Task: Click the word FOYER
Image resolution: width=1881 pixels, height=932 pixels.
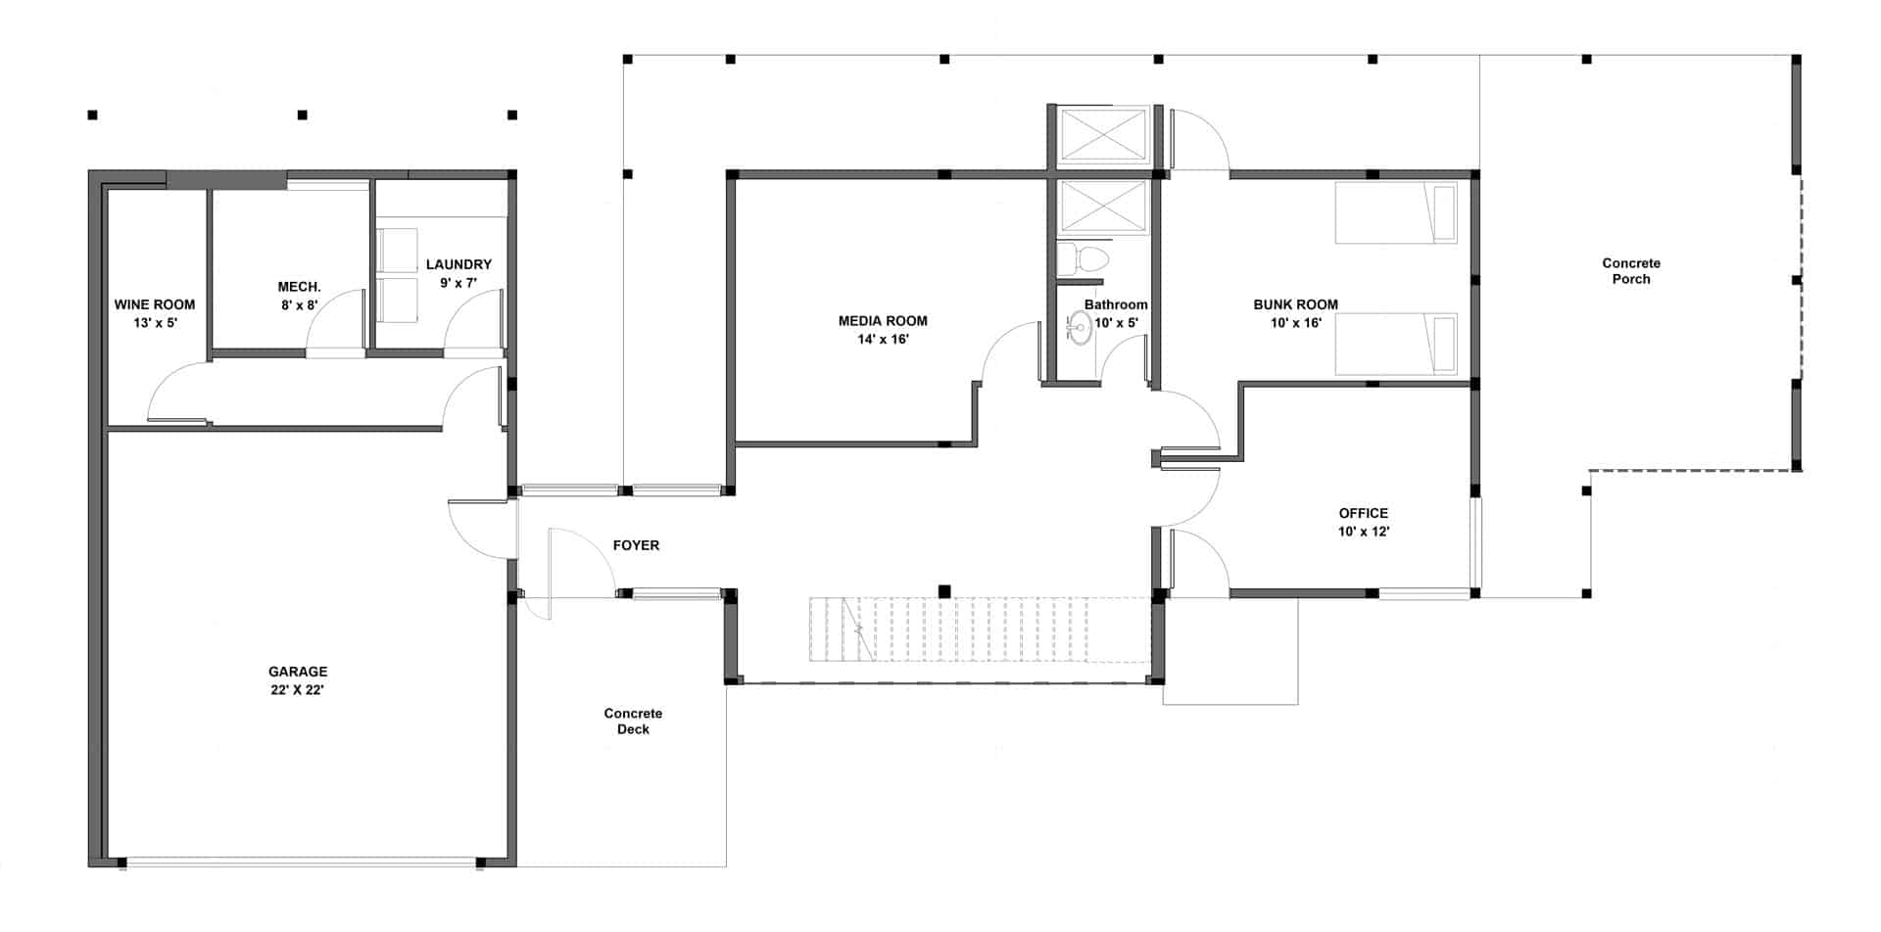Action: (x=636, y=545)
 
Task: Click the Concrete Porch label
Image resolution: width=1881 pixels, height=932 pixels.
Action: (x=1631, y=271)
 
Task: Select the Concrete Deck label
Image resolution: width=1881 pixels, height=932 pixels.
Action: (x=633, y=722)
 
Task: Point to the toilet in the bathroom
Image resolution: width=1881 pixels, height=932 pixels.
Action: (x=1083, y=259)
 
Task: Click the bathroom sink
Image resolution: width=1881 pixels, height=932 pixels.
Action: (x=1079, y=327)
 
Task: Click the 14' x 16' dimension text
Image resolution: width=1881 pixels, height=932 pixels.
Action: (x=883, y=340)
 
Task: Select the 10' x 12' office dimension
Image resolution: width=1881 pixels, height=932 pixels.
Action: (x=1364, y=532)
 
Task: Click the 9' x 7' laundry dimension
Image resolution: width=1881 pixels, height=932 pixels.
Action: (x=458, y=283)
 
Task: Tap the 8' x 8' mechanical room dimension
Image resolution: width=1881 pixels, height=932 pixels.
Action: (x=300, y=305)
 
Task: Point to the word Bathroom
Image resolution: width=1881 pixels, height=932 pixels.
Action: (x=1116, y=304)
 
